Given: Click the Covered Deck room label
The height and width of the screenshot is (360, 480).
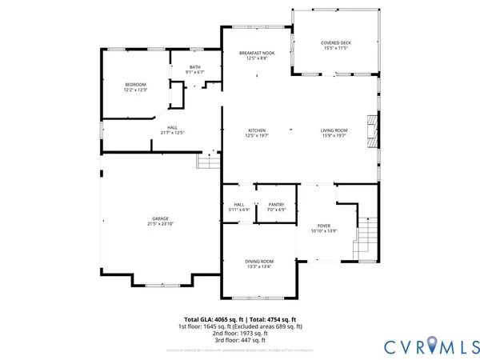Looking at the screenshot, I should (336, 43).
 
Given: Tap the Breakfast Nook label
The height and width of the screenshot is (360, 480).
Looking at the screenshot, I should (256, 53).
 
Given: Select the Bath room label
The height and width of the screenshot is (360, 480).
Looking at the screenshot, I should (195, 67).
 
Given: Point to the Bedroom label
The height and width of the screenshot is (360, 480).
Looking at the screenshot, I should (134, 85).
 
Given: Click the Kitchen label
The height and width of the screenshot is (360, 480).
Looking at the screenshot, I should (256, 130).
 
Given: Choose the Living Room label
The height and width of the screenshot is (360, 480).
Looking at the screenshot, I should (334, 130).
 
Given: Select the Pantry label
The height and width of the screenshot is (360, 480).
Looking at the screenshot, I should (276, 205).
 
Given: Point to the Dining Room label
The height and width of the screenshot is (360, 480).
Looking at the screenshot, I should (259, 262).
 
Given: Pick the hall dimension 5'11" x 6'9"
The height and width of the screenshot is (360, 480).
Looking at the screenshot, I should (238, 210).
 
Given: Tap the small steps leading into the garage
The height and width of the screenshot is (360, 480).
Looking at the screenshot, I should (210, 162).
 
